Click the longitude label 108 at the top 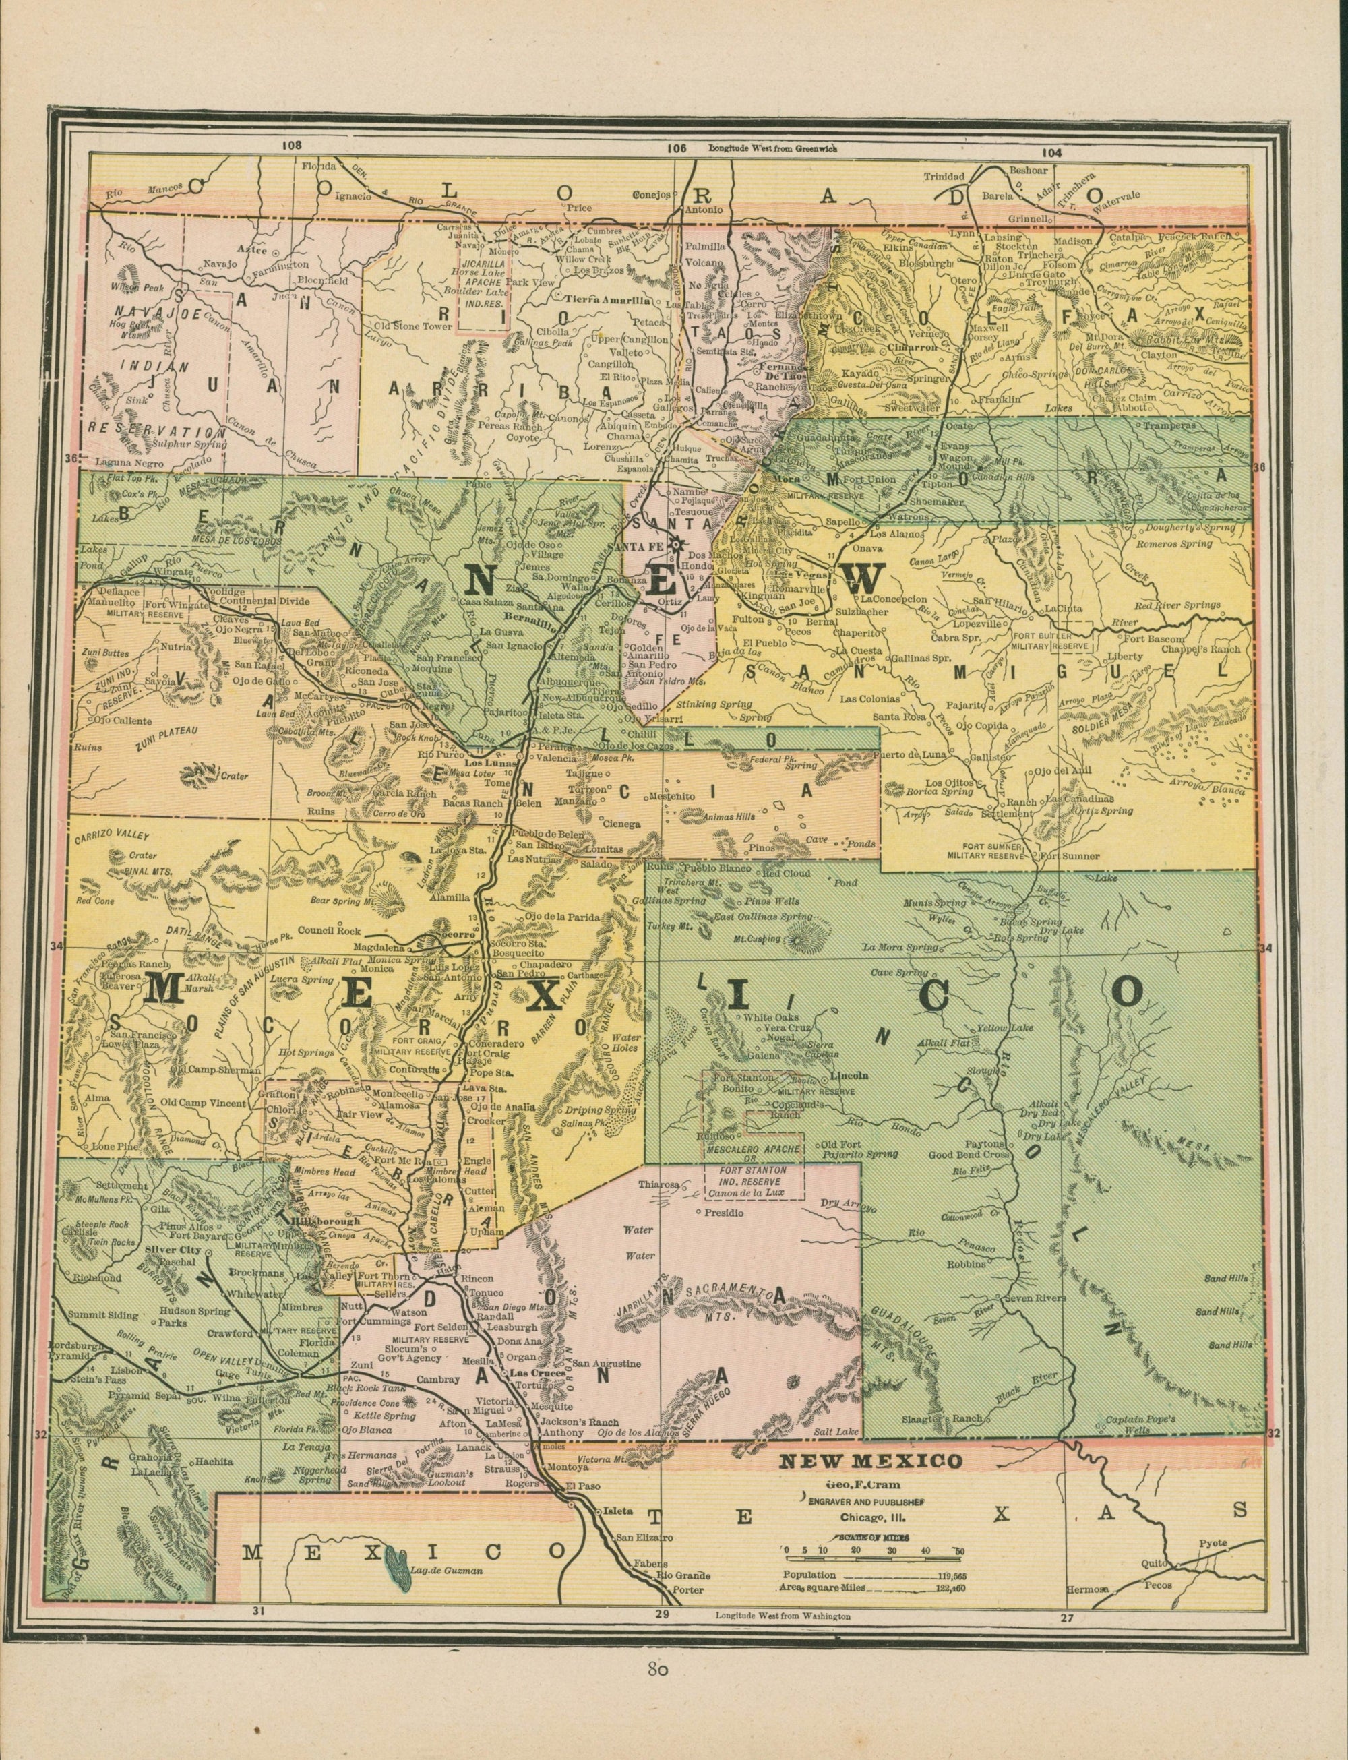pos(290,145)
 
